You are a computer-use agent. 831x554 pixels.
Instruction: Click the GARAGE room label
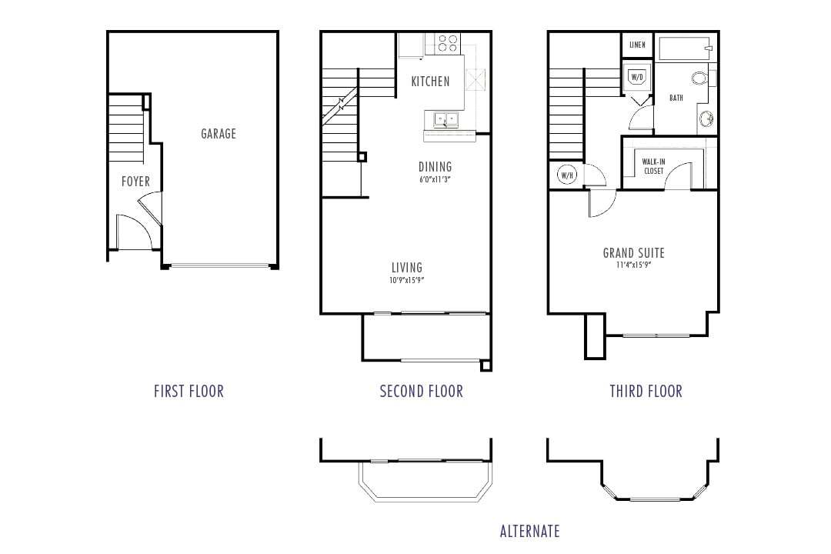[219, 134]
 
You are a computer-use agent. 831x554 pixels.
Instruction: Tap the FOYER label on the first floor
[135, 182]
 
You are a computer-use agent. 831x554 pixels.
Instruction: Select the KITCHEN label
[430, 82]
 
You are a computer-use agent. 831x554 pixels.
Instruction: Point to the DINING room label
[435, 167]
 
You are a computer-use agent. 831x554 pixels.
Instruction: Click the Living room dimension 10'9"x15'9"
[407, 281]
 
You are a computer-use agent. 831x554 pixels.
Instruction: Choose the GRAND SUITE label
[633, 253]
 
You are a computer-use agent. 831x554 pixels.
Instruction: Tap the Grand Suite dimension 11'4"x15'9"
[633, 265]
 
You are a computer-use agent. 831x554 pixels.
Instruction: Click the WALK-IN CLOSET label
[654, 166]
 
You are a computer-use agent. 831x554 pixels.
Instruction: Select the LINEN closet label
[637, 45]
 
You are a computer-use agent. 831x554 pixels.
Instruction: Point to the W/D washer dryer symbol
[637, 78]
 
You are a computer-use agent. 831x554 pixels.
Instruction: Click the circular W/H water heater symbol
[568, 175]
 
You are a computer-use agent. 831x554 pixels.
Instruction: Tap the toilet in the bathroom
[702, 78]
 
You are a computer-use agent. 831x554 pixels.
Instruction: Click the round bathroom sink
[706, 119]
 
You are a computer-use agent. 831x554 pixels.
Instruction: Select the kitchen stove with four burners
[447, 43]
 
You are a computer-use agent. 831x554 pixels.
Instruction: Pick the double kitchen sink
[442, 119]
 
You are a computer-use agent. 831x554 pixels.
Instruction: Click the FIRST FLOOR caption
[189, 391]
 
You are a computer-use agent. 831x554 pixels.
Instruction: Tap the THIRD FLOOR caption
[646, 391]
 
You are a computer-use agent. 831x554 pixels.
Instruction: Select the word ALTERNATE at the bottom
[529, 531]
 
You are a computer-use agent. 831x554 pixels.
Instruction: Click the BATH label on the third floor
[676, 98]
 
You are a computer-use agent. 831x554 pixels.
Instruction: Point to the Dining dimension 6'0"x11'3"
[435, 180]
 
